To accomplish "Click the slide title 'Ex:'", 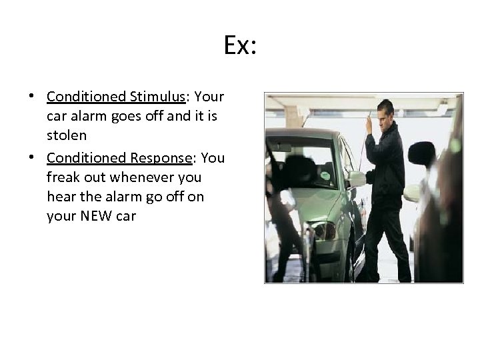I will pyautogui.click(x=241, y=46).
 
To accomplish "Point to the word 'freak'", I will pyautogui.click(x=63, y=178).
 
